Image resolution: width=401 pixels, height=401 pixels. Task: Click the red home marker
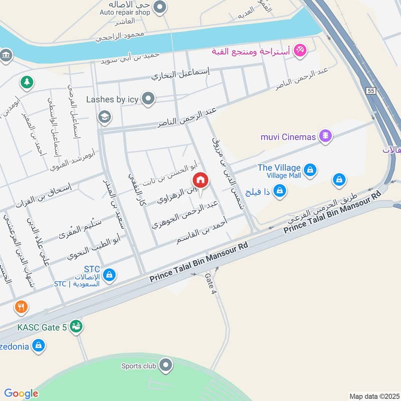click(200, 179)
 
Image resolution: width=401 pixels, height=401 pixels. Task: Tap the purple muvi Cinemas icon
click(326, 136)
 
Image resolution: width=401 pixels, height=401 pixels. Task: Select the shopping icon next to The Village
click(311, 170)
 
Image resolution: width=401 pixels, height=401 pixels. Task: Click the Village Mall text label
click(283, 176)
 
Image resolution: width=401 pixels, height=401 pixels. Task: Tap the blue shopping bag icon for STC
click(110, 275)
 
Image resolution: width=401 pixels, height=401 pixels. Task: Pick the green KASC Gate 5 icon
click(76, 327)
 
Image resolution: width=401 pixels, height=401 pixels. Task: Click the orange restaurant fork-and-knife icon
click(21, 307)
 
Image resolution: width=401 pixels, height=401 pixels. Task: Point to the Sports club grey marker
click(166, 366)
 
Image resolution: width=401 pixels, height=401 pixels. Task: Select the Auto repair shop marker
click(160, 7)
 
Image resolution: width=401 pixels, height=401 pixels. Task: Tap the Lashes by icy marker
click(148, 99)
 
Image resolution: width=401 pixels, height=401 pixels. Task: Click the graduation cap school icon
click(105, 117)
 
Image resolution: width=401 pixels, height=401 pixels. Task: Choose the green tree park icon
click(26, 81)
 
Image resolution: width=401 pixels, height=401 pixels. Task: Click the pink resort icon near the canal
click(300, 50)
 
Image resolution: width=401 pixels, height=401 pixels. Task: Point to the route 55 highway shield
click(370, 91)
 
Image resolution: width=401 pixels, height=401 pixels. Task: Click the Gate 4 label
click(211, 284)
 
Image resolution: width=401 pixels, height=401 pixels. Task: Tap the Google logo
click(21, 393)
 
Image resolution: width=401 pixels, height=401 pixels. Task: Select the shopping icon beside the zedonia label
click(39, 345)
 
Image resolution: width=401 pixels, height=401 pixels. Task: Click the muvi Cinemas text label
click(288, 136)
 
